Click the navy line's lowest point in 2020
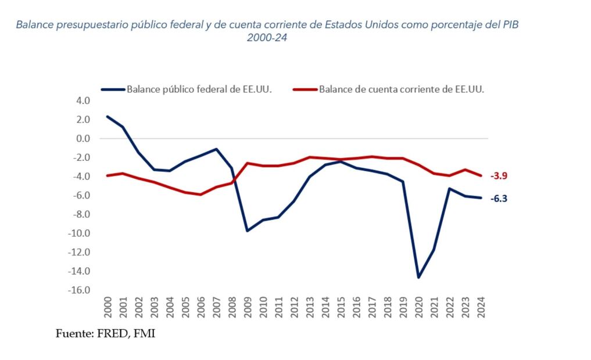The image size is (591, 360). (418, 277)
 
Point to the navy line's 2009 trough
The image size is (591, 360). (247, 231)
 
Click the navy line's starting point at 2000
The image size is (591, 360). (108, 116)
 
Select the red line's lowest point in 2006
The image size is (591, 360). (200, 195)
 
